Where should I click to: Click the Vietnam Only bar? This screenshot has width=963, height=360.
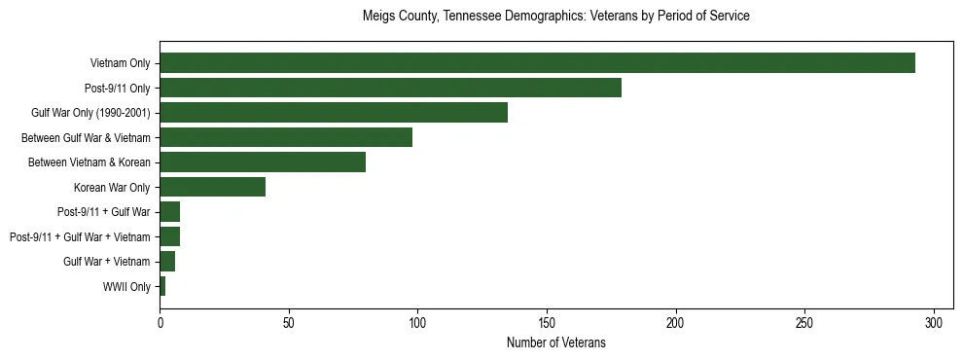[x=537, y=63]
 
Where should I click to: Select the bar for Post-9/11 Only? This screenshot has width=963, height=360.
[x=390, y=89]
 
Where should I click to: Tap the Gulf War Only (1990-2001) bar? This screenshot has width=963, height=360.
[x=334, y=113]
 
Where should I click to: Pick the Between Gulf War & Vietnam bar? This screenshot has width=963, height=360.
[x=286, y=137]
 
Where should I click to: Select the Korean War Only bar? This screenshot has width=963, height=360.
[x=212, y=187]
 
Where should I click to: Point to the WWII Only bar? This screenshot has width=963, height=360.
[x=162, y=286]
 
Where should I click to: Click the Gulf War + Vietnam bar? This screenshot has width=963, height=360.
[x=167, y=262]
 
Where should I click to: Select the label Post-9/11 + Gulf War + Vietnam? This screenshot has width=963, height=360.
[x=80, y=237]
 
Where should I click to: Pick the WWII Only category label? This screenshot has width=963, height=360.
[x=126, y=287]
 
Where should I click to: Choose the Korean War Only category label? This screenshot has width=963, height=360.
[x=112, y=188]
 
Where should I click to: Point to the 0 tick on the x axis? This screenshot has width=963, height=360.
[x=160, y=322]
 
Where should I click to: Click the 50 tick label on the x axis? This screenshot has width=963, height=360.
[x=289, y=322]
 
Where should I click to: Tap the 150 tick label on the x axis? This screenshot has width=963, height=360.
[x=547, y=322]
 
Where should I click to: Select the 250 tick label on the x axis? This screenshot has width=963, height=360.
[x=804, y=322]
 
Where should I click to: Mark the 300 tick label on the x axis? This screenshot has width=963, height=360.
[x=934, y=322]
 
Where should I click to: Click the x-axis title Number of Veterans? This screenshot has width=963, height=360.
[x=555, y=342]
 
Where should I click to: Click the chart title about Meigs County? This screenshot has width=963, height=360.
[x=555, y=17]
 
